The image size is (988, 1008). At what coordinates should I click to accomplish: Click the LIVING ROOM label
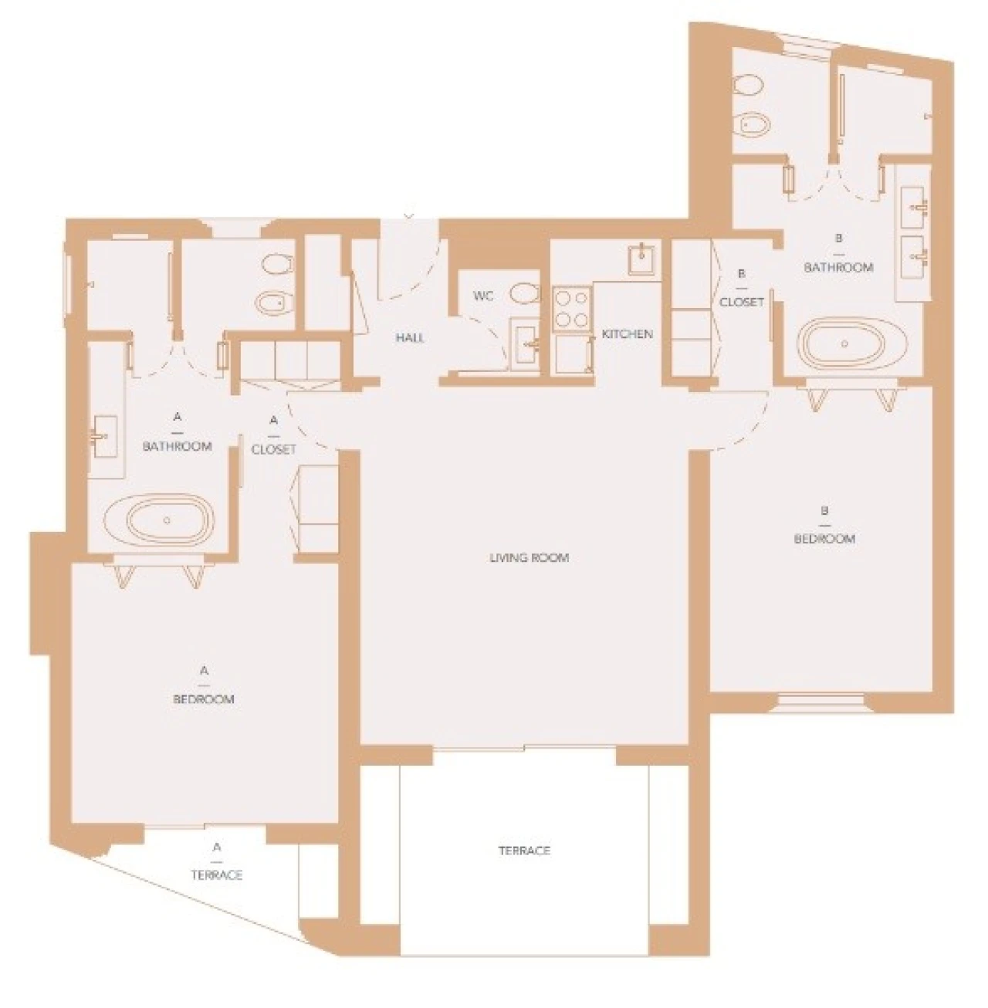tap(529, 557)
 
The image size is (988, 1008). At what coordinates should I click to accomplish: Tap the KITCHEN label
tap(627, 334)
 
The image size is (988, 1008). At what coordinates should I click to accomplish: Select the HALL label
tap(409, 337)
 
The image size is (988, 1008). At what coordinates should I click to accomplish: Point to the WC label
tap(483, 296)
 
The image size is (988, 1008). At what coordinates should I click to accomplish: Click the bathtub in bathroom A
tap(165, 520)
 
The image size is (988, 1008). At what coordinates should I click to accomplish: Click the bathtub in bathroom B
tap(844, 343)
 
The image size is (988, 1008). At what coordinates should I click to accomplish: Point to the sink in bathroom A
tap(101, 436)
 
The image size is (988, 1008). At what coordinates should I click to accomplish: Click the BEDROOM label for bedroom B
tap(824, 539)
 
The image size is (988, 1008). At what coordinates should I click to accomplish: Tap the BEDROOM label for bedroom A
tap(204, 699)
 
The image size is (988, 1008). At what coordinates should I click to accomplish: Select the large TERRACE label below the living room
tap(524, 851)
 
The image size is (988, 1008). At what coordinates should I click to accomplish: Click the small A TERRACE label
tap(217, 874)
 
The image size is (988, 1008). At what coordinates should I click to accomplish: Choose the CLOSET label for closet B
tap(741, 302)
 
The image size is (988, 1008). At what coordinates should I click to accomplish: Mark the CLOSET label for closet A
tap(274, 449)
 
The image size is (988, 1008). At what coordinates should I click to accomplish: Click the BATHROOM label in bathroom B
tap(838, 267)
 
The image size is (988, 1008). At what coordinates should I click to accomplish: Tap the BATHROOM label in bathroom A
tap(178, 446)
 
